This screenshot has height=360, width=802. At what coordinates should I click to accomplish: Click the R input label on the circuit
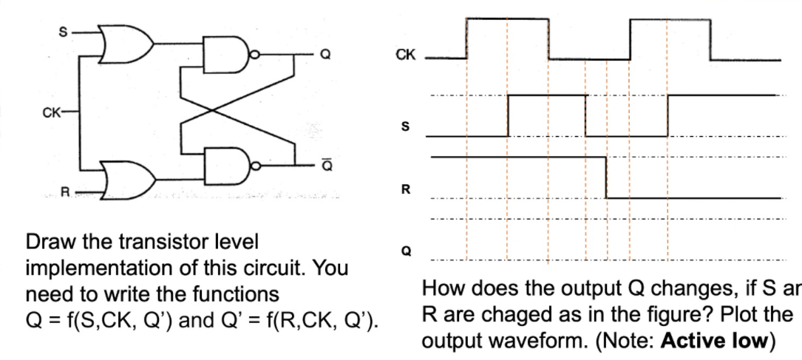(64, 194)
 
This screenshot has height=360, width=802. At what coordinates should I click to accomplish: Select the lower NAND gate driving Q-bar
(233, 166)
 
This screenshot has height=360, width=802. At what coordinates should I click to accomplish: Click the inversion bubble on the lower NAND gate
(255, 165)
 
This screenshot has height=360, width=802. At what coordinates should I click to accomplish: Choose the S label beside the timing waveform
(404, 126)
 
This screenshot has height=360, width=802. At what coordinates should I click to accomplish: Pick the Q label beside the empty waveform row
(404, 251)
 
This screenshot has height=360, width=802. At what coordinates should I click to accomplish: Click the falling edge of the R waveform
(607, 177)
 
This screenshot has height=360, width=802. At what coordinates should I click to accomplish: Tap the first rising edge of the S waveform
(508, 115)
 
